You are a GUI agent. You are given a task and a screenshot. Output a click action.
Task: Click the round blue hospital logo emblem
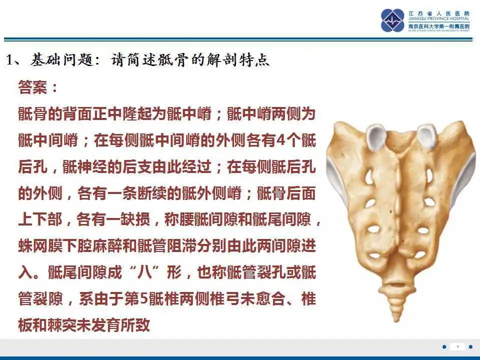(x=393, y=20)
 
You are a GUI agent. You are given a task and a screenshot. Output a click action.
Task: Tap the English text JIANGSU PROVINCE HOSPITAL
(x=438, y=20)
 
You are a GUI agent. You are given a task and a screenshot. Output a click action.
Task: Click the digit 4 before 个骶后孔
(x=280, y=140)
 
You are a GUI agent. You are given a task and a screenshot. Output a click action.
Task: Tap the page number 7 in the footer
(x=457, y=346)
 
